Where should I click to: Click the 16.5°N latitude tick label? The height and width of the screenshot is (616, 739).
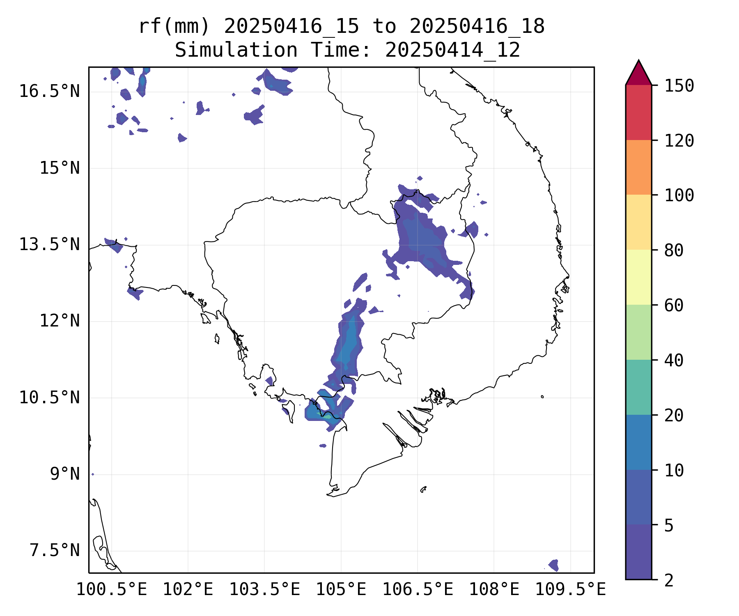tap(49, 91)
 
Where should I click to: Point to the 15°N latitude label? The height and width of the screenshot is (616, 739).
tap(60, 168)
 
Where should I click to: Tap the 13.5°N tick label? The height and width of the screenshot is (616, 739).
tap(49, 244)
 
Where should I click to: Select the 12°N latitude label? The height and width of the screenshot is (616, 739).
tap(60, 321)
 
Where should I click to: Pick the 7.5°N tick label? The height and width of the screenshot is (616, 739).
tap(55, 550)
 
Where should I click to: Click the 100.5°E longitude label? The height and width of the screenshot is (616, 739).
tap(112, 589)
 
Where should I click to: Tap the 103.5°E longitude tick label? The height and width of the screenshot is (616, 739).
tap(264, 589)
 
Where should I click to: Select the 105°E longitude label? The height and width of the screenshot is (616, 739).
tap(341, 589)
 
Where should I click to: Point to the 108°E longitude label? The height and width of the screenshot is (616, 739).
tap(494, 589)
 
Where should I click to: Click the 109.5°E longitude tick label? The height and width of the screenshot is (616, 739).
tap(570, 589)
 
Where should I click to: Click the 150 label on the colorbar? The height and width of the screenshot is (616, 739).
tap(679, 86)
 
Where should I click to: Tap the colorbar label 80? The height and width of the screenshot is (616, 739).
tap(674, 250)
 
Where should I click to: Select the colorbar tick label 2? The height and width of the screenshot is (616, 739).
tap(669, 581)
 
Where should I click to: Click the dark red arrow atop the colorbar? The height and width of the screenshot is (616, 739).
tap(638, 74)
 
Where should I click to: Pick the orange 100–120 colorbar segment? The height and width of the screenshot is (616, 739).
tap(638, 167)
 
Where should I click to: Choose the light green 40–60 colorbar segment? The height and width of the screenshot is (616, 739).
tap(638, 332)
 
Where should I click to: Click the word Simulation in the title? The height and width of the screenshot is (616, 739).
tap(236, 50)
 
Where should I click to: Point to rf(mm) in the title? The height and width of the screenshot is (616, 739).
tap(174, 27)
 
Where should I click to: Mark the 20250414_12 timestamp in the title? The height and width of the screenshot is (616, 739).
tap(452, 50)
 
